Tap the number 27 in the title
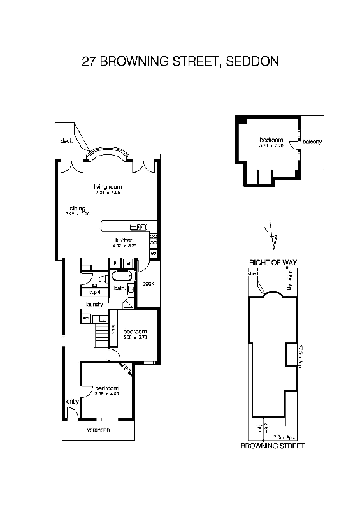[x=89, y=62]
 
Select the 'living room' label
[x=104, y=186]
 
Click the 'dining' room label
[x=78, y=208]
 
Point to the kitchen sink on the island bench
[x=138, y=226]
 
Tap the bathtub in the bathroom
[x=120, y=276]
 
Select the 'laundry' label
[x=95, y=305]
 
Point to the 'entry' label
[x=71, y=401]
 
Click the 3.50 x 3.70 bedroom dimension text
[x=134, y=337]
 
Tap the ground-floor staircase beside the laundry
[x=100, y=336]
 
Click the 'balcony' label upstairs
[x=312, y=142]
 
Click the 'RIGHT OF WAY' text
[x=273, y=262]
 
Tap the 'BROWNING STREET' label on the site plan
[x=272, y=446]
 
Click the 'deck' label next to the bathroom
[x=148, y=284]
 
